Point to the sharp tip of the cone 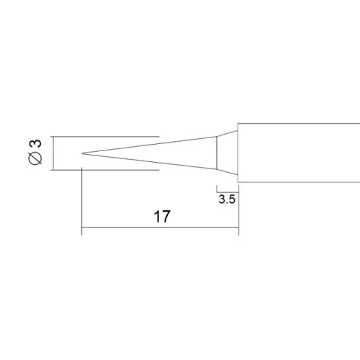point(84,153)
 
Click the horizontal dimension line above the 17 point(161,230)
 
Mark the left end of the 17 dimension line point(83,230)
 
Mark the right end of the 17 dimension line point(238,230)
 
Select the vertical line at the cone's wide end point(217,153)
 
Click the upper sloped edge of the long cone point(151,143)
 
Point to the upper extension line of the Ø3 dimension point(108,136)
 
